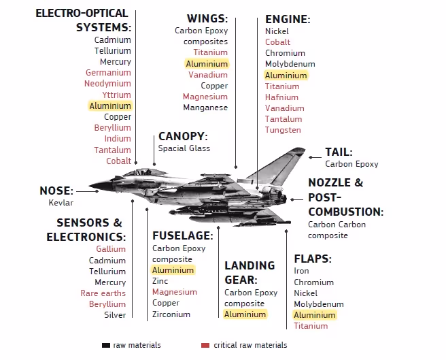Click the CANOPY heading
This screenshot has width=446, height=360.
tap(182, 136)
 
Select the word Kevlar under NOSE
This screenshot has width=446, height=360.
tap(61, 203)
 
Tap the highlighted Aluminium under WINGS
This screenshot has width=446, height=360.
tap(207, 63)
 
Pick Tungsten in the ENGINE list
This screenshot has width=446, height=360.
tap(283, 130)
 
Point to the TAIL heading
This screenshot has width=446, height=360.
tap(339, 152)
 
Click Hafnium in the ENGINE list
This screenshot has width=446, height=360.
tap(281, 97)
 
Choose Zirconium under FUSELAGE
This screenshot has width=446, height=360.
tap(171, 314)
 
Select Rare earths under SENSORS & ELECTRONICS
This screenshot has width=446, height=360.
tap(103, 293)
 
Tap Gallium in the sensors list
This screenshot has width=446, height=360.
tap(111, 249)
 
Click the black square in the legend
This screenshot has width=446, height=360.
tap(105, 345)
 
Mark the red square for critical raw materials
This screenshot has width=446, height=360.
tap(205, 345)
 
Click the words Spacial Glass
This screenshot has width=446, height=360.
tap(184, 148)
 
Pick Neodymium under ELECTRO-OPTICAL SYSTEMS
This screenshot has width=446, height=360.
tap(108, 84)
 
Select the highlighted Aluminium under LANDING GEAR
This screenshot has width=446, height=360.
tap(245, 314)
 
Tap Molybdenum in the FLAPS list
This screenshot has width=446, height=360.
tap(319, 304)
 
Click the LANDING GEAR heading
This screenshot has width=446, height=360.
tap(250, 272)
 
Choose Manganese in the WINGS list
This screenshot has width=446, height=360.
tap(205, 108)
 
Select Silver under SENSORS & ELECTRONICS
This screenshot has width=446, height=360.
tap(115, 315)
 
